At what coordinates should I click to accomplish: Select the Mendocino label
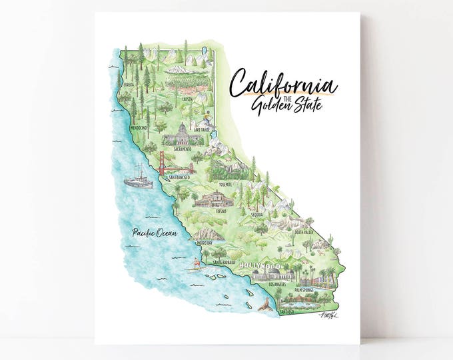click(139, 127)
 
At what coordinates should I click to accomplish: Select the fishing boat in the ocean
click(138, 176)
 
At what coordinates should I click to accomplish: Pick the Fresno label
click(221, 211)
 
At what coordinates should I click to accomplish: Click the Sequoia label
click(257, 215)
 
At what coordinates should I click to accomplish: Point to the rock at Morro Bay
click(208, 233)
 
